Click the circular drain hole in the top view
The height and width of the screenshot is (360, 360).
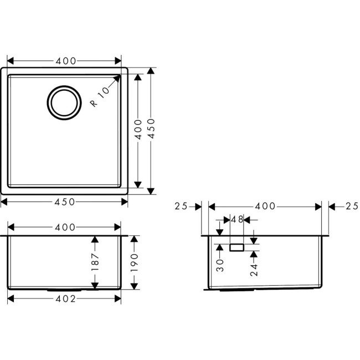pos(66,102)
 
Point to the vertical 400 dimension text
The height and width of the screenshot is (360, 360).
pos(138,128)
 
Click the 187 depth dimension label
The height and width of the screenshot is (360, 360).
pos(95,262)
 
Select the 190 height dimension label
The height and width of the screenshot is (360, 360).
pos(133,262)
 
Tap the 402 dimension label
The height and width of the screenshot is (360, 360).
pos(65,299)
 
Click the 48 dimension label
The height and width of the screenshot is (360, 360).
pos(236,219)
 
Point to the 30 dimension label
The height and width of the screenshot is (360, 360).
pos(220,265)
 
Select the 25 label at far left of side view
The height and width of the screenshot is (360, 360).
pos(181,207)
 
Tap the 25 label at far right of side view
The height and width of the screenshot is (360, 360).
pos(351,207)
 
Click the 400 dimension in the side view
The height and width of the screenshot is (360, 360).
pos(265,207)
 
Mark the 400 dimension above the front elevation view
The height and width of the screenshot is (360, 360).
pos(65,227)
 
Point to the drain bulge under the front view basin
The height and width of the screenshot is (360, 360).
pos(65,289)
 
